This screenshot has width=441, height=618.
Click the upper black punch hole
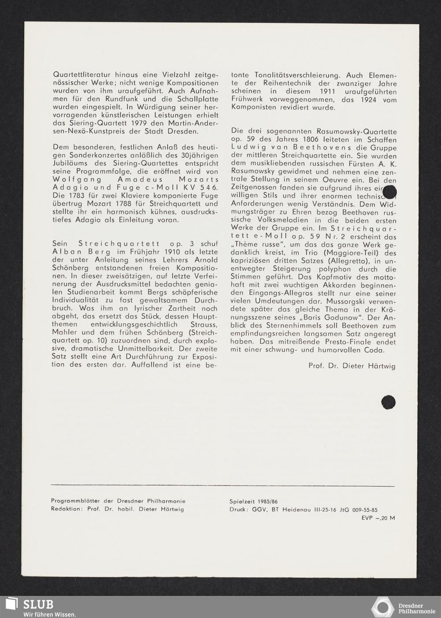pyautogui.click(x=390, y=193)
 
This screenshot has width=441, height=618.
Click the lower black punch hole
pyautogui.click(x=389, y=402)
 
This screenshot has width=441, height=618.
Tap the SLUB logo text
pyautogui.click(x=38, y=604)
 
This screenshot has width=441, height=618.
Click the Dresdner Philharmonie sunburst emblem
pyautogui.click(x=382, y=607)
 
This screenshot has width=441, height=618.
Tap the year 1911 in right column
pyautogui.click(x=334, y=91)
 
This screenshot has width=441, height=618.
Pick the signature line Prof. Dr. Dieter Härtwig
pyautogui.click(x=352, y=366)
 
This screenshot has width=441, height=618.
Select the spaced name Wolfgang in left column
pyautogui.click(x=73, y=179)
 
